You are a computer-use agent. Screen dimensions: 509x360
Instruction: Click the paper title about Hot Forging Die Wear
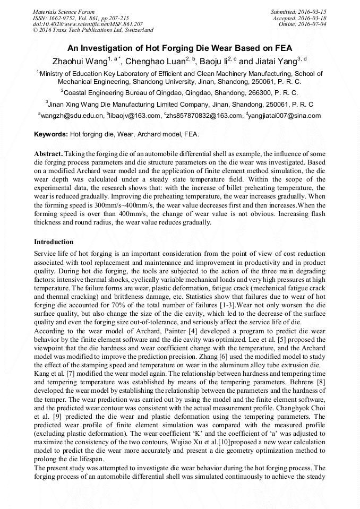[x=179, y=47]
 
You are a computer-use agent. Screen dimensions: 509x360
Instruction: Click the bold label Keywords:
[x=50, y=135]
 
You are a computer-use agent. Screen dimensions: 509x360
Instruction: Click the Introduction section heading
[x=54, y=241]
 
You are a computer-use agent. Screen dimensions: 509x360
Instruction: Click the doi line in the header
[x=88, y=24]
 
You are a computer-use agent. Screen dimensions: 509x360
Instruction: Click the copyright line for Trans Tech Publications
[x=93, y=30]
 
